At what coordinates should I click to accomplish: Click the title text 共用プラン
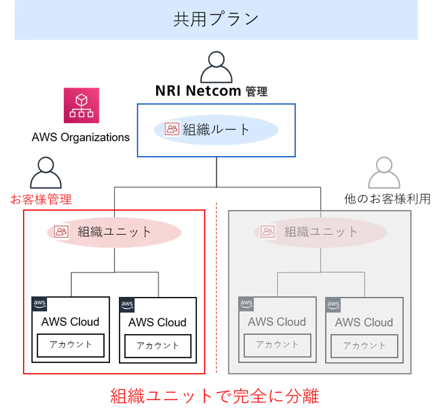(x=216, y=19)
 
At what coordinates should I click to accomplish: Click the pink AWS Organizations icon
(x=81, y=105)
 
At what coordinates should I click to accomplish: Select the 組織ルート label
(x=216, y=129)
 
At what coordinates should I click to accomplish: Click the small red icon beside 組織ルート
(x=172, y=129)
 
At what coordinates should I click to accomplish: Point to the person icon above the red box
(x=46, y=172)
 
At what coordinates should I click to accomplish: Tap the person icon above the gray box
(x=385, y=172)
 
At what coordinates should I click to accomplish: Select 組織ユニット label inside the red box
(x=114, y=232)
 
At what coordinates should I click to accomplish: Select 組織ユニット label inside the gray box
(x=321, y=231)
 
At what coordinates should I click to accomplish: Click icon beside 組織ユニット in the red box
(x=61, y=231)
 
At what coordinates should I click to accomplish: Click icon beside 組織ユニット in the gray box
(x=267, y=231)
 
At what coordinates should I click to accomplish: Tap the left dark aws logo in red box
(x=40, y=304)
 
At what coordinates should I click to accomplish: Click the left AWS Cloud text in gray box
(x=277, y=322)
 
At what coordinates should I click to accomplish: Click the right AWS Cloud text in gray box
(x=364, y=323)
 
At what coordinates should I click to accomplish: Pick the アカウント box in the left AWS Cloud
(x=277, y=345)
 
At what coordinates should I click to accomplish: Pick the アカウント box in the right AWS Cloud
(x=364, y=346)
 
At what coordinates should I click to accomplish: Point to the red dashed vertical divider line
(x=216, y=288)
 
